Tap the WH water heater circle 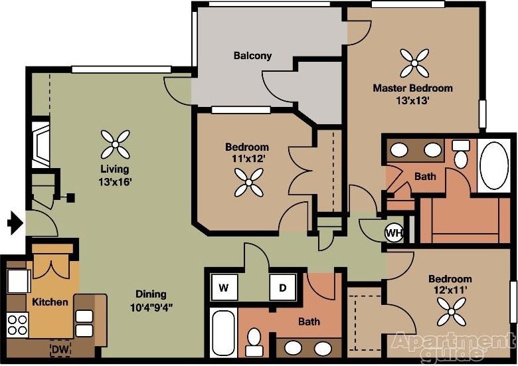(x=394, y=232)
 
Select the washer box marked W (x=224, y=288)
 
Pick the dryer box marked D (x=282, y=288)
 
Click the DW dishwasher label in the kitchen (x=61, y=347)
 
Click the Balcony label (x=252, y=56)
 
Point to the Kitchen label (x=50, y=302)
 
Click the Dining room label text (x=151, y=294)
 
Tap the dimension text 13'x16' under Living (x=112, y=181)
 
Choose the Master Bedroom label (x=412, y=88)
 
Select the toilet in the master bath (x=460, y=155)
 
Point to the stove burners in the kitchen (x=17, y=325)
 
